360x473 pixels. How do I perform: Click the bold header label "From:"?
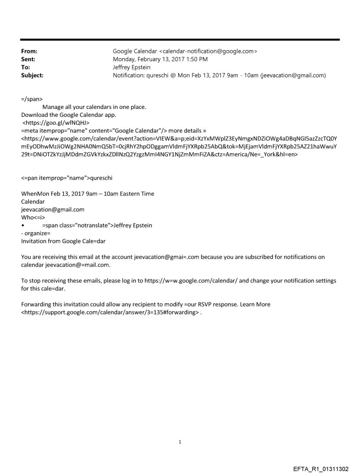29,51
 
